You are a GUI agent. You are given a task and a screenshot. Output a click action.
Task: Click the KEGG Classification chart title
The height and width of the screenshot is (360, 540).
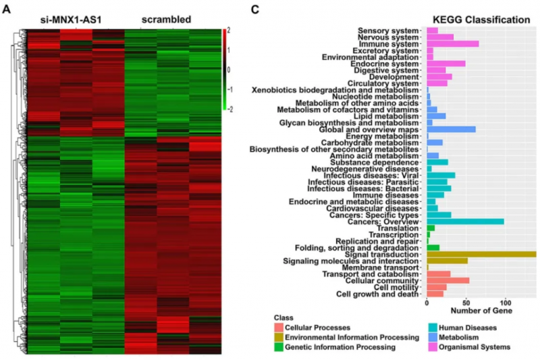tap(481, 20)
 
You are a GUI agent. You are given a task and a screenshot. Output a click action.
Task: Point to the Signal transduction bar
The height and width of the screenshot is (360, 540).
tap(481, 254)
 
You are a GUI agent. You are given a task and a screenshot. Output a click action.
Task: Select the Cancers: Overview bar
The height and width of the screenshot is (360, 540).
tap(465, 222)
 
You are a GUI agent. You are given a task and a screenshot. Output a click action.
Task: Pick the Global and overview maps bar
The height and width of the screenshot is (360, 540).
tap(451, 129)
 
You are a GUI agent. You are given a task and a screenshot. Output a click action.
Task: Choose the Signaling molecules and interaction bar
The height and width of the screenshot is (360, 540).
tap(447, 261)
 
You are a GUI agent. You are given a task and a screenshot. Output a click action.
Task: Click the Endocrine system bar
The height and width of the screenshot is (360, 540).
tap(446, 63)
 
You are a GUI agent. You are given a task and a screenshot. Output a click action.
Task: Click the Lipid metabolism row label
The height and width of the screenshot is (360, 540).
tap(388, 116)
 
